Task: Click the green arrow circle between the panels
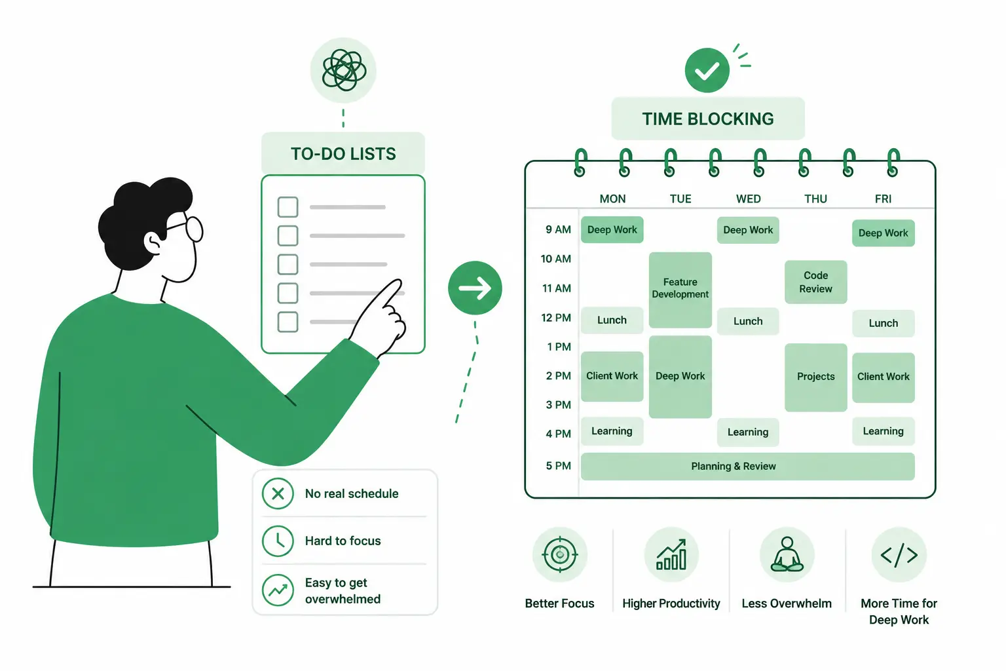[475, 288]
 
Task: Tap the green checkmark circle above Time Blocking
[707, 70]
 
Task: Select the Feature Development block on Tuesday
[680, 290]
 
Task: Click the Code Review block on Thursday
[815, 282]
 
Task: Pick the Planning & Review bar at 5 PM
[747, 467]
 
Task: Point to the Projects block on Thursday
[815, 377]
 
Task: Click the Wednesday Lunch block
[748, 321]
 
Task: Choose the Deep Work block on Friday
[884, 233]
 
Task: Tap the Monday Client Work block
[612, 376]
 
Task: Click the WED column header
[748, 199]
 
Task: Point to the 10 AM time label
[555, 259]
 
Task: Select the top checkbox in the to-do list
[288, 207]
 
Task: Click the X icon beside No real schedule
[278, 493]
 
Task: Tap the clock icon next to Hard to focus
[278, 541]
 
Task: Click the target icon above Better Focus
[559, 554]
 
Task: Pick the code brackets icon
[899, 555]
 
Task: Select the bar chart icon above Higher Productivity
[671, 554]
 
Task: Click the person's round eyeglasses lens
[195, 229]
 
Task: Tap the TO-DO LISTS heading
[343, 154]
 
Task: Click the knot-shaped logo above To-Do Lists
[344, 71]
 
